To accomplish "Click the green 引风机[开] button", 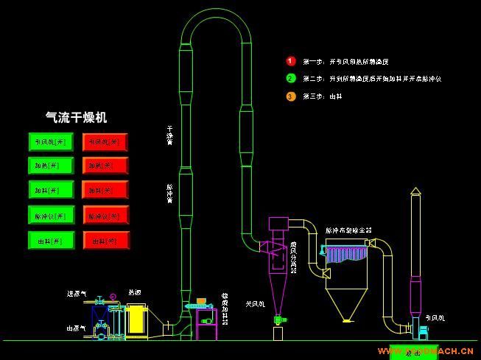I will tap(51, 141).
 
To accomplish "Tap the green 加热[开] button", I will tap(51, 166).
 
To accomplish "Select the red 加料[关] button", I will tap(106, 191).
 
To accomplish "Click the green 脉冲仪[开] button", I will tap(51, 216).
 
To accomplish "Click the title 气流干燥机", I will tap(77, 117).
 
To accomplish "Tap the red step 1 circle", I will tap(290, 61).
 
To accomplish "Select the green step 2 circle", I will tap(290, 78).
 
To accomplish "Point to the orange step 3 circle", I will tap(290, 96).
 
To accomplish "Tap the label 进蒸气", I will tap(76, 294).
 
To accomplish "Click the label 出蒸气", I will tap(76, 328).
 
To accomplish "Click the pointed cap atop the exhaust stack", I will tap(415, 191).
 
